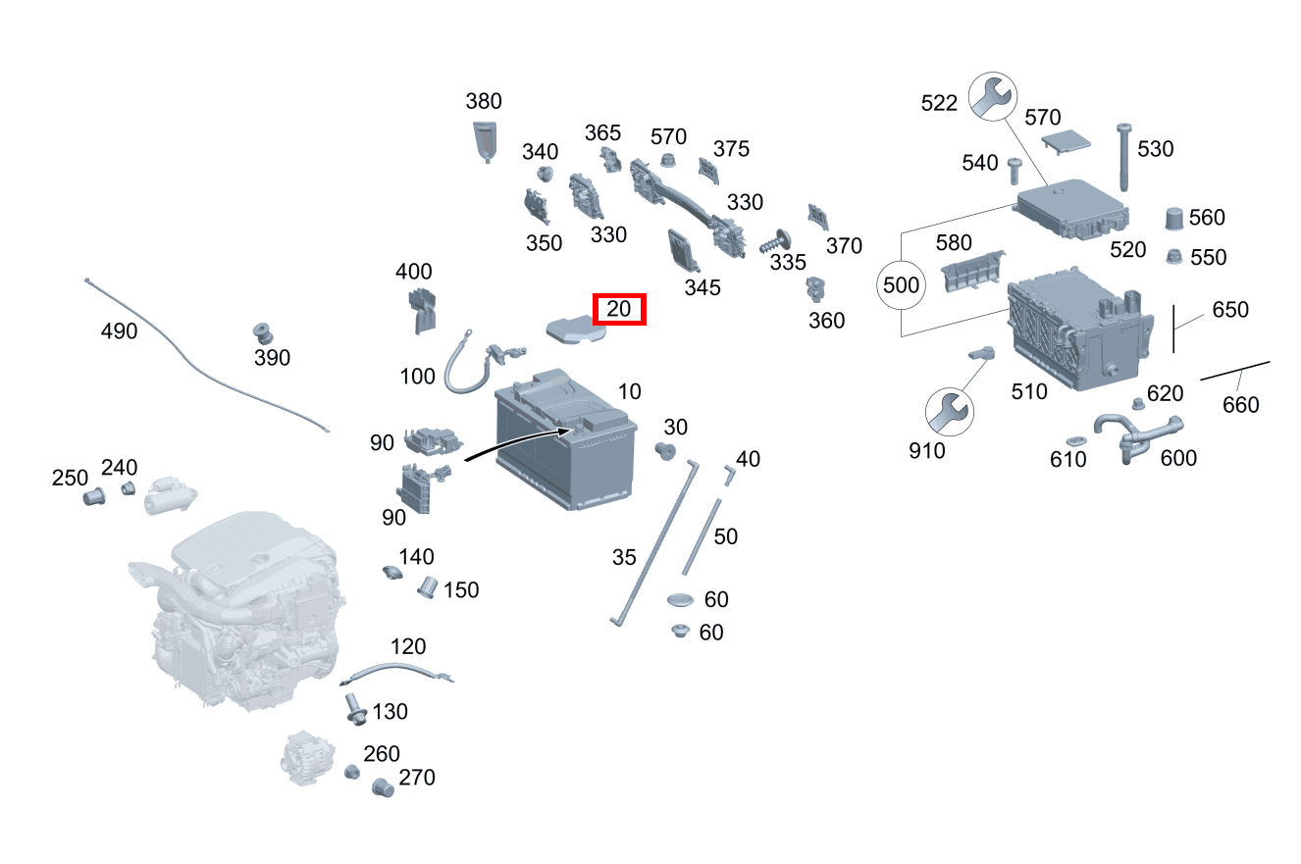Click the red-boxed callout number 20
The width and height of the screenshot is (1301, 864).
click(618, 309)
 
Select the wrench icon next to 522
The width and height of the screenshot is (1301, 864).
click(993, 96)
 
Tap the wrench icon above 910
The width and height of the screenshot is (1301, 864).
click(950, 412)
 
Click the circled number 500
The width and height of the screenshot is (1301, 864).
click(901, 285)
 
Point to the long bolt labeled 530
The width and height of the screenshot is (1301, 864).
click(1123, 157)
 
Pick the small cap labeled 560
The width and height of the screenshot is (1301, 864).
click(1174, 219)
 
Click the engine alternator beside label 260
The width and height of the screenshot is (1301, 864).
click(307, 758)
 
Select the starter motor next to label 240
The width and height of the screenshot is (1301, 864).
click(170, 496)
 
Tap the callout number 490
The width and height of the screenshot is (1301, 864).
click(119, 331)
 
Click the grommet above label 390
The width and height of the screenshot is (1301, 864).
click(264, 333)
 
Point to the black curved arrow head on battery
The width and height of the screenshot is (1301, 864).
click(566, 431)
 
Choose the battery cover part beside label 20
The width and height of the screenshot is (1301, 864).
click(576, 330)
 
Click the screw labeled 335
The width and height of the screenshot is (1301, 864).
click(775, 241)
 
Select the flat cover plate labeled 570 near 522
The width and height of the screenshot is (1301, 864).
click(1066, 142)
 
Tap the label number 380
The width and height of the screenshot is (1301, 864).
click(484, 102)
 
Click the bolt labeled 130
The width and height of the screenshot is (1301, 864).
click(355, 710)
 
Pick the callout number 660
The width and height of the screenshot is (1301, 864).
click(1240, 405)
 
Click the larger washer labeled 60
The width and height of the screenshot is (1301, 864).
click(680, 600)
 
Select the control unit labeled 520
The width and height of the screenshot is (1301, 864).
click(1071, 209)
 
